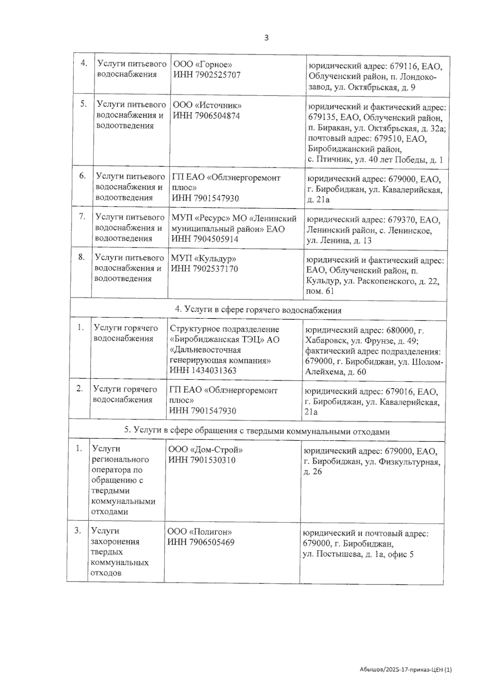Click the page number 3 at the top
(x=266, y=38)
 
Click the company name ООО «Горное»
(x=203, y=65)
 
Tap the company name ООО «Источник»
(x=207, y=105)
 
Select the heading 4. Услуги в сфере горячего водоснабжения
(x=258, y=310)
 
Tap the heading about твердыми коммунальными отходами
(x=257, y=431)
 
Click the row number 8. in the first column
(x=82, y=257)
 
